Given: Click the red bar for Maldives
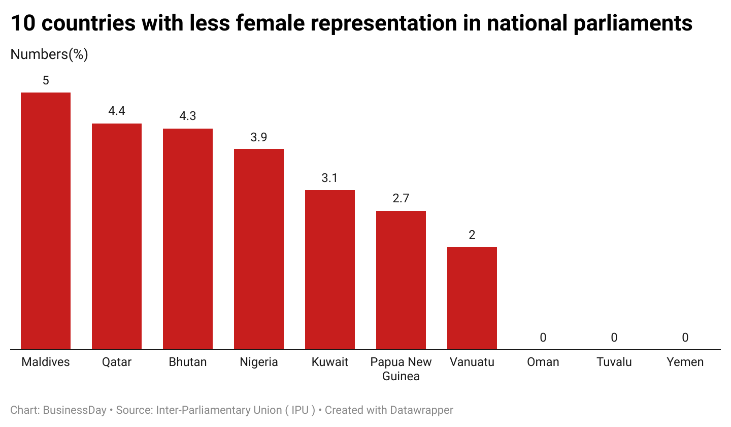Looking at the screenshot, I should pyautogui.click(x=46, y=221).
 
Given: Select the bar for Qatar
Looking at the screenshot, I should pyautogui.click(x=117, y=236).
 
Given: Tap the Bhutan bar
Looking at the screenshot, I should pyautogui.click(x=188, y=239).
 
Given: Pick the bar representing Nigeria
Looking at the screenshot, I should pyautogui.click(x=259, y=249).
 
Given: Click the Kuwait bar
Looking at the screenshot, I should pyautogui.click(x=330, y=269).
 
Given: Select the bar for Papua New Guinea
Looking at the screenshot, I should pyautogui.click(x=401, y=280).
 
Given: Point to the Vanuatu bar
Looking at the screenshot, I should pyautogui.click(x=472, y=298).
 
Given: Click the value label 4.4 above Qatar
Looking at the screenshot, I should pyautogui.click(x=117, y=111).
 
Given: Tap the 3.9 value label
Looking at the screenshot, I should pyautogui.click(x=259, y=137).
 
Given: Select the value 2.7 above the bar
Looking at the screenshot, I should pyautogui.click(x=401, y=199).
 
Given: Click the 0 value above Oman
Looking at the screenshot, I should pyautogui.click(x=543, y=338).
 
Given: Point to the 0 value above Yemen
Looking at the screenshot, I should pyautogui.click(x=685, y=338).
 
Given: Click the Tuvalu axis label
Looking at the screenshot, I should pyautogui.click(x=614, y=362).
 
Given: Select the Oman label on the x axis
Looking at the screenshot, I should pyautogui.click(x=543, y=362).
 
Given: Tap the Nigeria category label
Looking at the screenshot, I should pyautogui.click(x=259, y=362).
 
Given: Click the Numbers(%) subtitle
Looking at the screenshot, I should pyautogui.click(x=49, y=54).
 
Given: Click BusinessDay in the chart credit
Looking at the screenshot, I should pyautogui.click(x=75, y=410).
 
